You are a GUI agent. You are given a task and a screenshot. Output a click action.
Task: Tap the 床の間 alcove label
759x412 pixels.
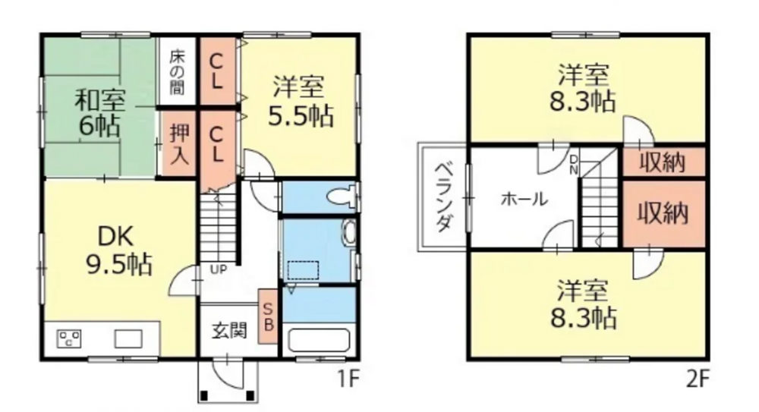(x=177, y=72)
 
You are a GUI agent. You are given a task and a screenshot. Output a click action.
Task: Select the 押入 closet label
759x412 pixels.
(x=178, y=144)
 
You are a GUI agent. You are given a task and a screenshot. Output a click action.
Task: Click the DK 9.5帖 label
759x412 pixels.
(x=118, y=250)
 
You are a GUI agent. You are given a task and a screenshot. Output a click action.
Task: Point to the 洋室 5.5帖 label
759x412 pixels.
(x=300, y=102)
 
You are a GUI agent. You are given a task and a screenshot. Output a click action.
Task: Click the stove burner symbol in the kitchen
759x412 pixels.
(x=69, y=338)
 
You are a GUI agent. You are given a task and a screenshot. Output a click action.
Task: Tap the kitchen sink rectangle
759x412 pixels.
(x=128, y=338)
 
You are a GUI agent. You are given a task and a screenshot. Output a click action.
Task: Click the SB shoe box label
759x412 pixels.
(x=268, y=316)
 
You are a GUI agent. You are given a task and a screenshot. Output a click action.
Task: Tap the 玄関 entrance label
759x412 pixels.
(x=229, y=331)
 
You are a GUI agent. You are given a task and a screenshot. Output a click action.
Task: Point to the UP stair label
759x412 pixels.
(x=219, y=269)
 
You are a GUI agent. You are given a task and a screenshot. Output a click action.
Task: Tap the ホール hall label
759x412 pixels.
(x=524, y=199)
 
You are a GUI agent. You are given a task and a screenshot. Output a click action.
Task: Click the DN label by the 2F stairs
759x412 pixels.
(x=574, y=165)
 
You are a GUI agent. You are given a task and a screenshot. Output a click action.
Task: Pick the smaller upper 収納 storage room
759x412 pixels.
(x=663, y=162)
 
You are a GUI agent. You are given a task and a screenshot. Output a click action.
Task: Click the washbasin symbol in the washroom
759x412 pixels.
(x=348, y=232)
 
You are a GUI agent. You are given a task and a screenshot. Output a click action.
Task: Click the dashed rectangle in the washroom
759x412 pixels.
(x=304, y=270)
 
